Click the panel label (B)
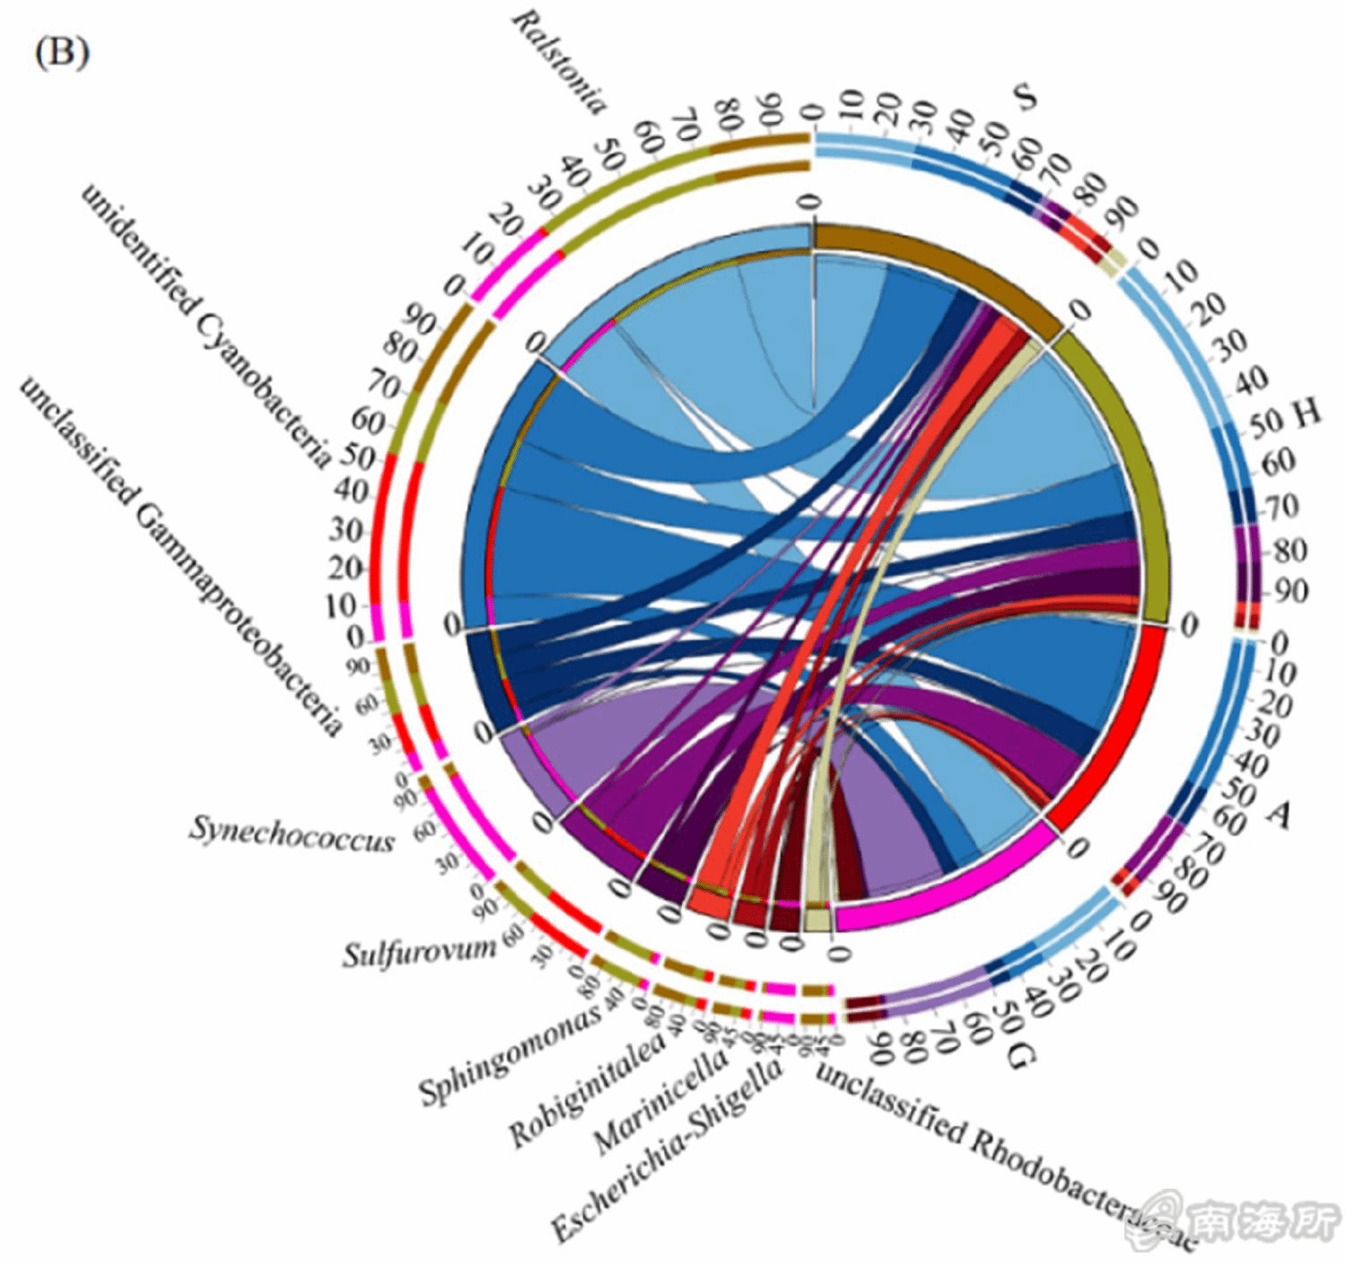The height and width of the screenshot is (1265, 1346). (61, 53)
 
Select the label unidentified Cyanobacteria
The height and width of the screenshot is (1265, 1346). (206, 323)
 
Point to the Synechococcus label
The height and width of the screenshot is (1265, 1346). (292, 833)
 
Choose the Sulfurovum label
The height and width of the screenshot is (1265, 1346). (419, 950)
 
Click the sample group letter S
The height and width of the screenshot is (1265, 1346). (1024, 95)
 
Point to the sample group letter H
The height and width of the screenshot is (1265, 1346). (1307, 414)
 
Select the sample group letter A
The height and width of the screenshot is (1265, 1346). (1278, 814)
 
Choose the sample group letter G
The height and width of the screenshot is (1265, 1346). (1019, 1058)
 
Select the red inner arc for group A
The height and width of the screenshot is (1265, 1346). (1113, 727)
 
